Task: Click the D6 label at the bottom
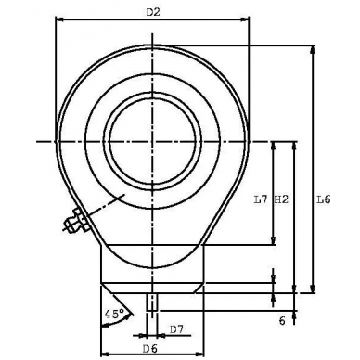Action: pyautogui.click(x=148, y=347)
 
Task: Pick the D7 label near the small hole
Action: pyautogui.click(x=177, y=328)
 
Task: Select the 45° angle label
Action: pyautogui.click(x=115, y=314)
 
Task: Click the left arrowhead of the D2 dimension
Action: pyautogui.click(x=59, y=19)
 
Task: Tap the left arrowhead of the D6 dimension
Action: pyautogui.click(x=102, y=354)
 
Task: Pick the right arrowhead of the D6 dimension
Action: pyautogui.click(x=203, y=354)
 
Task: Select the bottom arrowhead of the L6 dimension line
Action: pyautogui.click(x=313, y=290)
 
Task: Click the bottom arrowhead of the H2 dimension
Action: pyautogui.click(x=294, y=290)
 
